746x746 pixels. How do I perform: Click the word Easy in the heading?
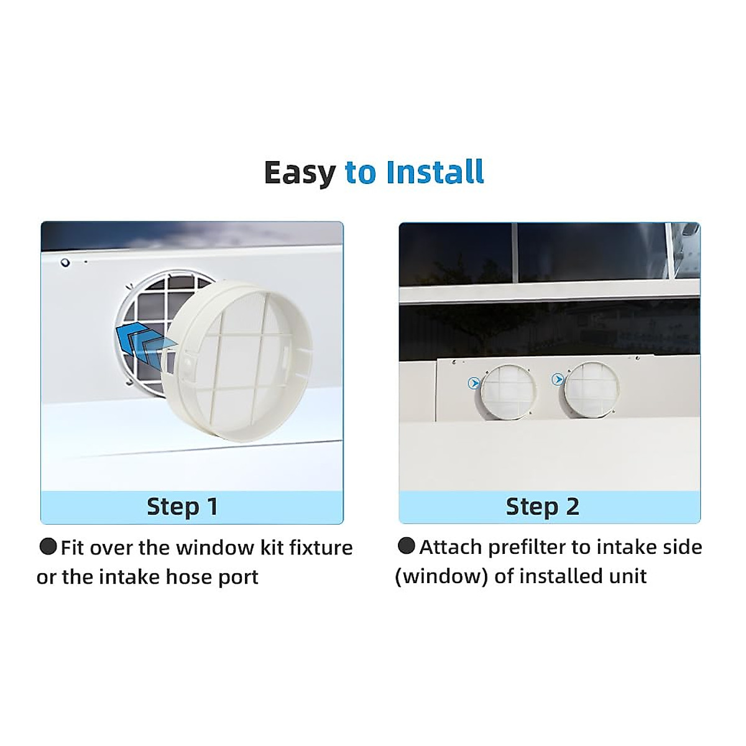click(299, 173)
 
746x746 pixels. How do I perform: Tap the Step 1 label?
click(182, 507)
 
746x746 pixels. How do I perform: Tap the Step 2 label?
click(542, 507)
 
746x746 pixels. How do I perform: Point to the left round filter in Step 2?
click(508, 390)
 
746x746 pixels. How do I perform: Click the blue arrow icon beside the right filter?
click(558, 379)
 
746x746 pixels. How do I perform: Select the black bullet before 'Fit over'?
click(48, 547)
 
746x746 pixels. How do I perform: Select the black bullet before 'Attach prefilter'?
click(406, 546)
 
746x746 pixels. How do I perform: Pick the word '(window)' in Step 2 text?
click(441, 576)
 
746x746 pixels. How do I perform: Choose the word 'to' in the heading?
click(361, 173)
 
